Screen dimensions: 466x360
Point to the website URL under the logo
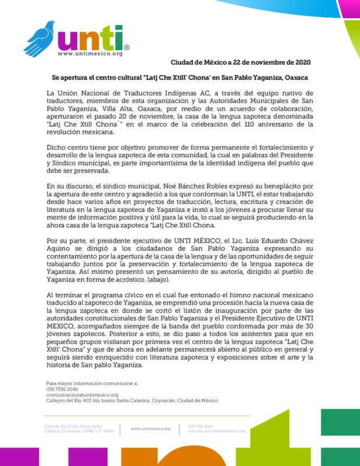(x=90, y=54)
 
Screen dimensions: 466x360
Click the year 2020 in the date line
(x=302, y=62)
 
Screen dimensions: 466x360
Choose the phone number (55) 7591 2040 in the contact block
(x=62, y=389)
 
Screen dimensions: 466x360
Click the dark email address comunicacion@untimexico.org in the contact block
(x=82, y=394)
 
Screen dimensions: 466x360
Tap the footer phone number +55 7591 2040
(x=200, y=426)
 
